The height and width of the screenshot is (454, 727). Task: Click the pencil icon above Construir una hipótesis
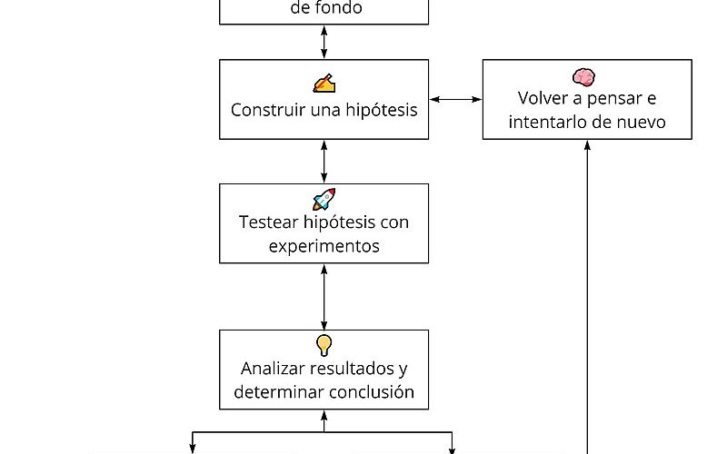pos(324,84)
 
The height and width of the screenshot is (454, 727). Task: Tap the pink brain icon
pos(583,77)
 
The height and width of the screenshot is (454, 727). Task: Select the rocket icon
pos(324,199)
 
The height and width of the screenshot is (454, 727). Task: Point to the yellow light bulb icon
pos(324,345)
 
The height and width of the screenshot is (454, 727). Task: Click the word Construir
pos(268,110)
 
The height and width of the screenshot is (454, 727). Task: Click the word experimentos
pos(324,246)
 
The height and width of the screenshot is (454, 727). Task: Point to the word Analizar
pos(272,369)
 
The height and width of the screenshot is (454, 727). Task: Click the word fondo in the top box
pos(340,7)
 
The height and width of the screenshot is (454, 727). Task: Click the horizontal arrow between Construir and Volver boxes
pos(455,99)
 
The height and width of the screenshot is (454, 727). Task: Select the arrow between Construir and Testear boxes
pos(324,162)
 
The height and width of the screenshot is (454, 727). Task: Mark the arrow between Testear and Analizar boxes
pos(324,297)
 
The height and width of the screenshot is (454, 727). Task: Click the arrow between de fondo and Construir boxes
pos(324,42)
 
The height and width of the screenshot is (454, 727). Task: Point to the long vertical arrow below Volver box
pos(587,297)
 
